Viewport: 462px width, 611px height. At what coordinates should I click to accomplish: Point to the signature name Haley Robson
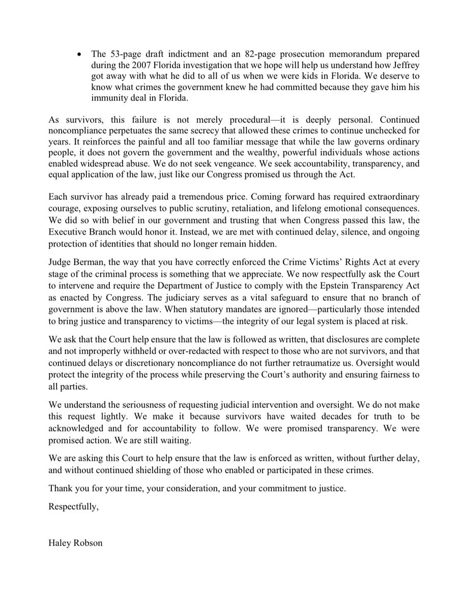(75, 543)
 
